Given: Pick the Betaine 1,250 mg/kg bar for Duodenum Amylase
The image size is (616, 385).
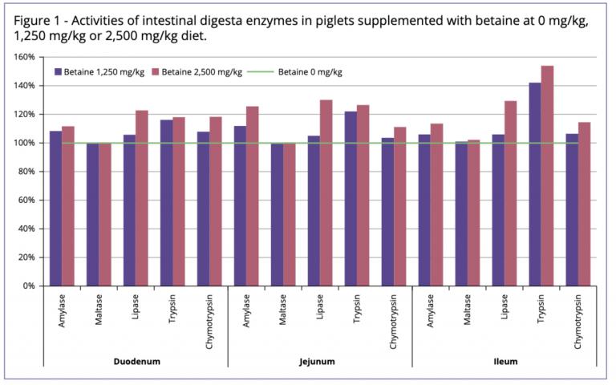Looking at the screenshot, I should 55,208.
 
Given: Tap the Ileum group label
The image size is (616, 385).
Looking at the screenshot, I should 505,362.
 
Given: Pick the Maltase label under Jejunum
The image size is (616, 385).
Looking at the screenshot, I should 283,310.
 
